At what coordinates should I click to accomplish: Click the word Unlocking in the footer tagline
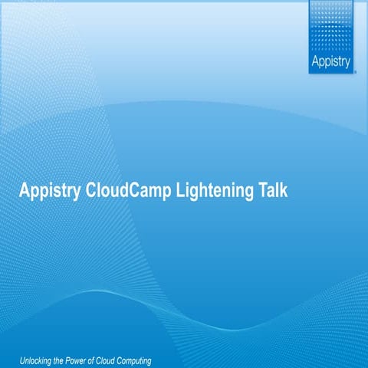point(37,360)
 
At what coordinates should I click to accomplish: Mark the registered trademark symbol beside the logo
point(353,69)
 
